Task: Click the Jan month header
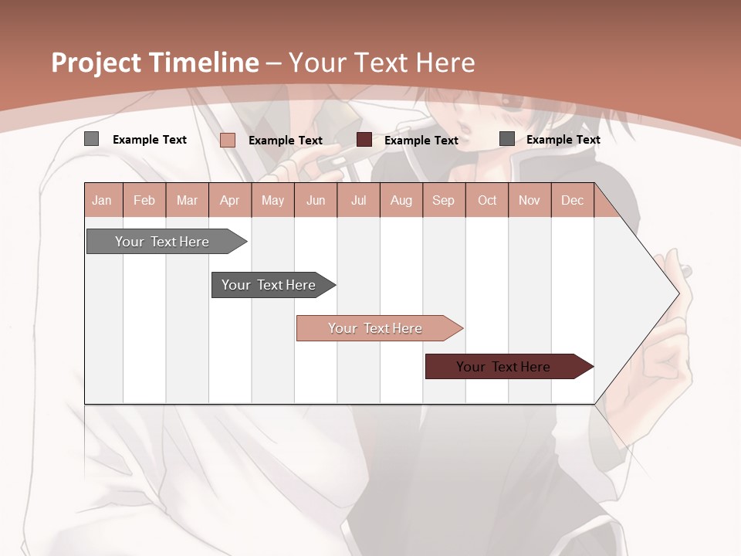point(102,201)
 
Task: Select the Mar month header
point(187,201)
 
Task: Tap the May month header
point(272,201)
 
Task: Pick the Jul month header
point(358,201)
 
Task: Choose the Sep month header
point(443,201)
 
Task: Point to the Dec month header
point(572,201)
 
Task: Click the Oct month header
point(487,201)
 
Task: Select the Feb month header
point(144,201)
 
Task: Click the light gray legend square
point(92,139)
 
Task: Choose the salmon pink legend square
point(228,140)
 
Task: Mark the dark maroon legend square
point(364,140)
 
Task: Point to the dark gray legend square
point(507,139)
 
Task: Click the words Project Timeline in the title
point(155,63)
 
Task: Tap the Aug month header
point(401,201)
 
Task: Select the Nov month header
point(530,201)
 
